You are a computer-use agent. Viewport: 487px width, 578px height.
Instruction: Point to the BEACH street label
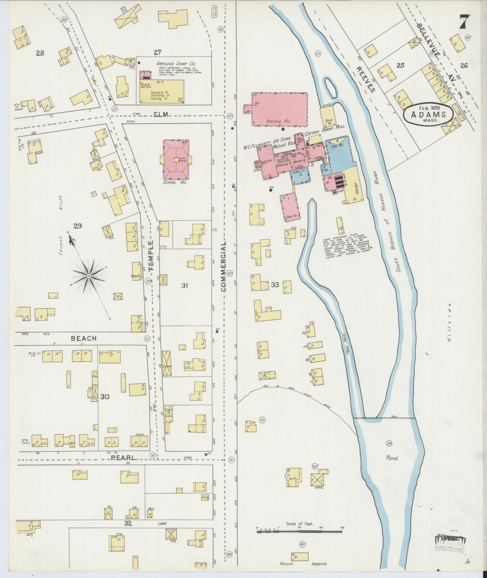(x=84, y=338)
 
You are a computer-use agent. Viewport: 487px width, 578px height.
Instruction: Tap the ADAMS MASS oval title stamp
(x=428, y=114)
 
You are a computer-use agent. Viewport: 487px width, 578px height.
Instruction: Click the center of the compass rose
(x=89, y=276)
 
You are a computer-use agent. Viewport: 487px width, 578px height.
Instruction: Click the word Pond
(x=392, y=467)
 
